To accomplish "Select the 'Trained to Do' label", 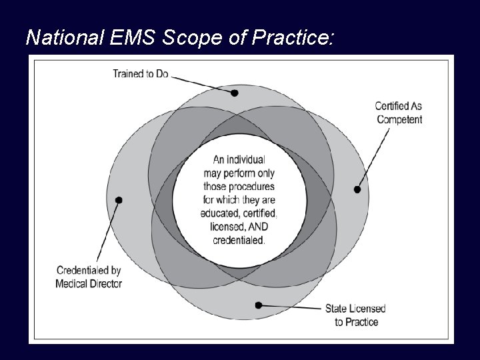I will (141, 73).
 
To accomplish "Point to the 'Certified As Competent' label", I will (399, 112).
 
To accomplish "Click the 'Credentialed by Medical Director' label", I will (89, 277).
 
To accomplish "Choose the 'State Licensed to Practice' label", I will (355, 315).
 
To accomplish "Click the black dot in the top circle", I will (235, 93).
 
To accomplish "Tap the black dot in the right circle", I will (357, 190).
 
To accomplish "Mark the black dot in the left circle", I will (119, 199).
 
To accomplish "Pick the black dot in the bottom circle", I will (259, 305).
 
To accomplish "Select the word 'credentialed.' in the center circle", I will (239, 240).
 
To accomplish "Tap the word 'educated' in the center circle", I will (219, 213).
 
